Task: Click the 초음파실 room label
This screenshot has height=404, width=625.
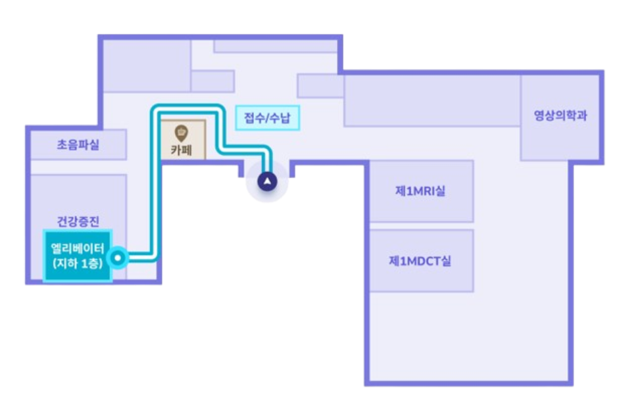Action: coord(78,145)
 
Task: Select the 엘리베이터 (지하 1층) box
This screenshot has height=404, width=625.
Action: coord(78,256)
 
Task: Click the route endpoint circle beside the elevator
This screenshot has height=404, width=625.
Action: coord(118,258)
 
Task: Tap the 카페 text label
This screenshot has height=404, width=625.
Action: coord(182,149)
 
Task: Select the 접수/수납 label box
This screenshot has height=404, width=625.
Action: coord(267,118)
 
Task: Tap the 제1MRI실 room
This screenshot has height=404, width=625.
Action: coord(421,191)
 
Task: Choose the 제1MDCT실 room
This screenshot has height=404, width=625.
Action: coord(421,261)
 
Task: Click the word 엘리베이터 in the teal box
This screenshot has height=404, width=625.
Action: coord(78,249)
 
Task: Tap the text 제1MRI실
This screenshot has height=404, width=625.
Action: coord(421,191)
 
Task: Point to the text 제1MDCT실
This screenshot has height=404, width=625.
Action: coord(421,261)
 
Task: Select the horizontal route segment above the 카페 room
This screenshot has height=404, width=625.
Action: coord(187,108)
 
